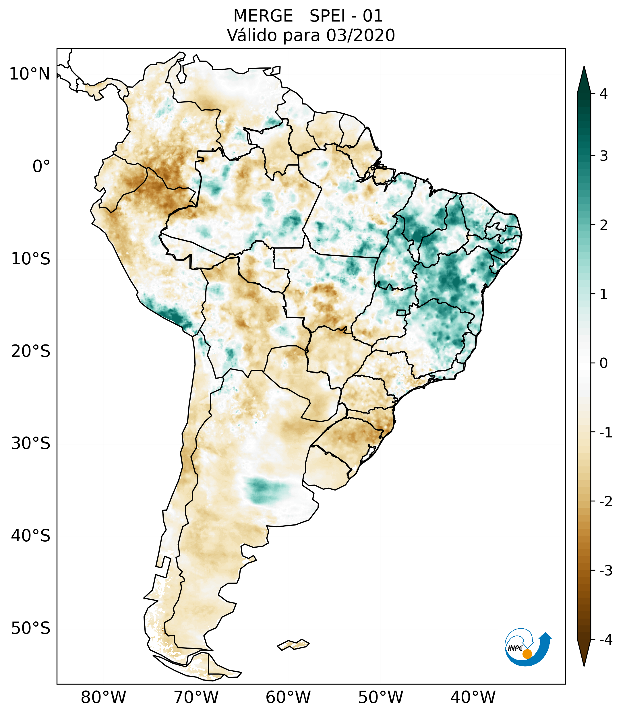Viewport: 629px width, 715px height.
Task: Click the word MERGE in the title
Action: click(x=263, y=16)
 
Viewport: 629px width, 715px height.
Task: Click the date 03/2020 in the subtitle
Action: click(x=360, y=35)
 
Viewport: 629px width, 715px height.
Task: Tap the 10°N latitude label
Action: click(x=29, y=74)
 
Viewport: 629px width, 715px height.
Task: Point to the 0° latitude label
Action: click(x=41, y=166)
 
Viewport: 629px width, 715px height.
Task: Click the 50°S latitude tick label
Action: click(x=31, y=628)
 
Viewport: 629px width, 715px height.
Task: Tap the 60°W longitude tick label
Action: click(x=288, y=697)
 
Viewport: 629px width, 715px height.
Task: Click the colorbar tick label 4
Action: click(x=603, y=94)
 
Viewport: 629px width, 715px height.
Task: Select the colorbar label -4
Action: click(x=605, y=640)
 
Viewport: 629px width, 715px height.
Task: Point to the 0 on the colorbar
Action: click(x=603, y=363)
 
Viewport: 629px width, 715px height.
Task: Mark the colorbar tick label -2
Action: click(x=605, y=502)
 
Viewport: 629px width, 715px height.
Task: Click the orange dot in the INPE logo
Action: click(x=527, y=654)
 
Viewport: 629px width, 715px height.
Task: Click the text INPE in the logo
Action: click(x=515, y=648)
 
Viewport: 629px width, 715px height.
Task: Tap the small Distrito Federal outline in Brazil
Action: click(x=401, y=312)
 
